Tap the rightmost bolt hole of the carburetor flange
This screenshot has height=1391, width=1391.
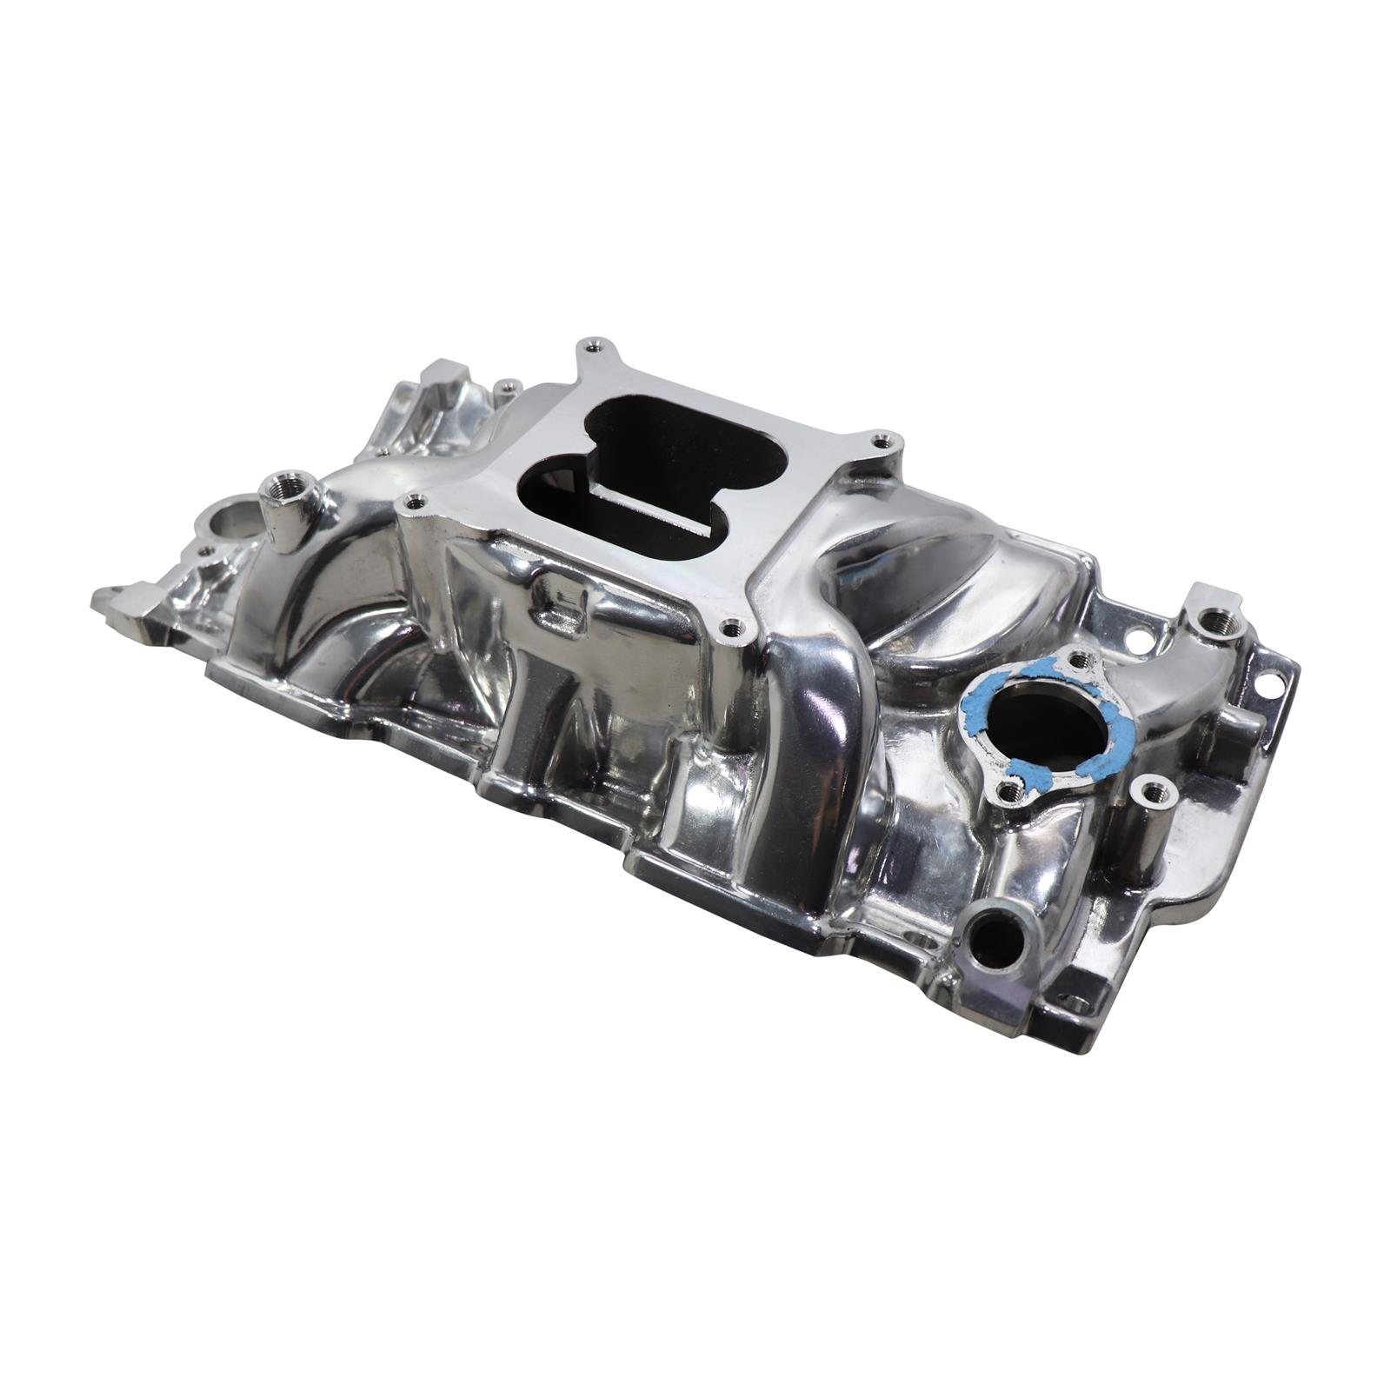coord(885,441)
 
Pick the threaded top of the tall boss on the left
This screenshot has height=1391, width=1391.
coord(283,483)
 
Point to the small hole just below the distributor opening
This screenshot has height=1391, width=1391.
coord(206,551)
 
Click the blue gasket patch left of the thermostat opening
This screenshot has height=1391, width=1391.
coord(972,713)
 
